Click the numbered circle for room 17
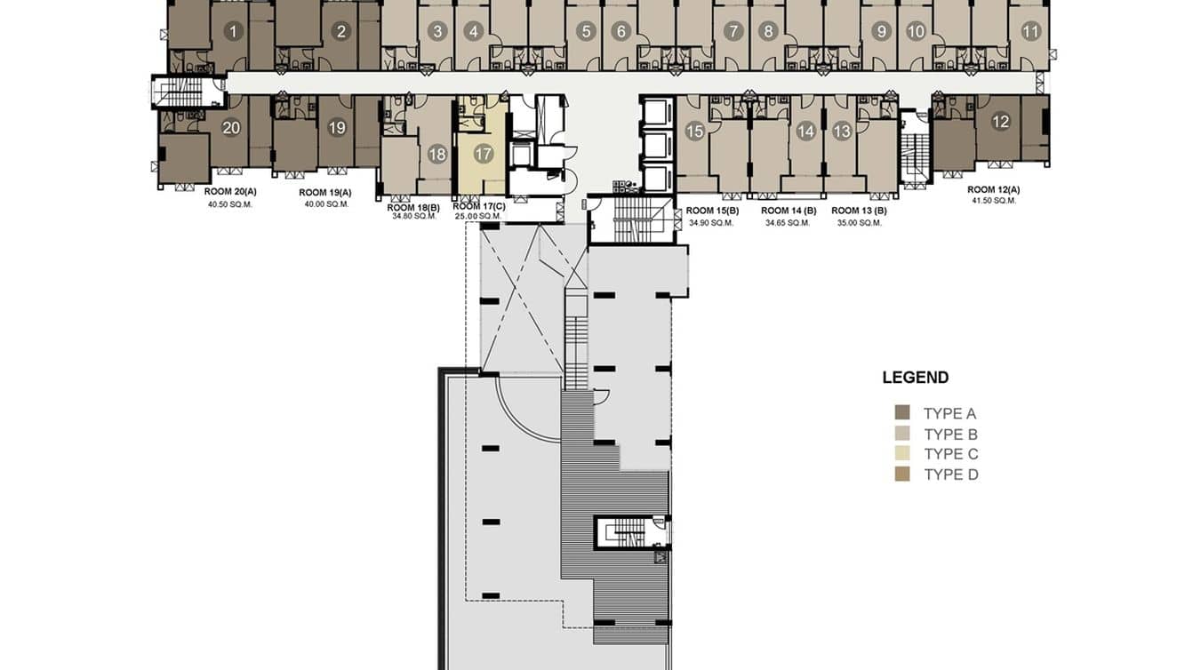483,154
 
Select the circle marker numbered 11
1030,32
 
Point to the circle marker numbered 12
1001,122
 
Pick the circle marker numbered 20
231,128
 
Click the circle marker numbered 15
694,132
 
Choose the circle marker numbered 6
621,32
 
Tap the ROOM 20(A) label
230,192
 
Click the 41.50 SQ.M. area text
993,201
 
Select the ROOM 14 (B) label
789,211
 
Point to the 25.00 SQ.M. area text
479,216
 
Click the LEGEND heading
915,378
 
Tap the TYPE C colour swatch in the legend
902,454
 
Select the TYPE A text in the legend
949,413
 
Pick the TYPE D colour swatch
902,475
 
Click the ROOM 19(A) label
324,193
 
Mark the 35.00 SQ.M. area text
859,222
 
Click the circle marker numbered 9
880,32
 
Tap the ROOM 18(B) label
413,207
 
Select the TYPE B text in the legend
950,435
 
